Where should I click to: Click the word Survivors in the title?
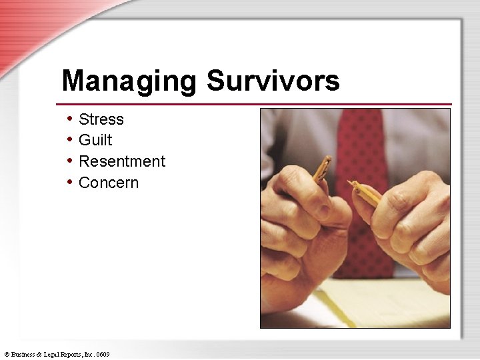coord(273,81)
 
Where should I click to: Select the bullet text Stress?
coord(101,119)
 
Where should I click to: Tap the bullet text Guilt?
coord(95,140)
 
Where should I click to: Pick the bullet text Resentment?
coord(122,161)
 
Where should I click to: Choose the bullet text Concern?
coord(109,183)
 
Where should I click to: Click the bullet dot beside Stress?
coord(70,119)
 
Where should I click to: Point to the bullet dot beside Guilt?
coord(70,140)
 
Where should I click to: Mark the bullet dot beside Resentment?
coord(70,161)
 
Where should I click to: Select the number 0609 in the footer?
coord(103,354)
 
